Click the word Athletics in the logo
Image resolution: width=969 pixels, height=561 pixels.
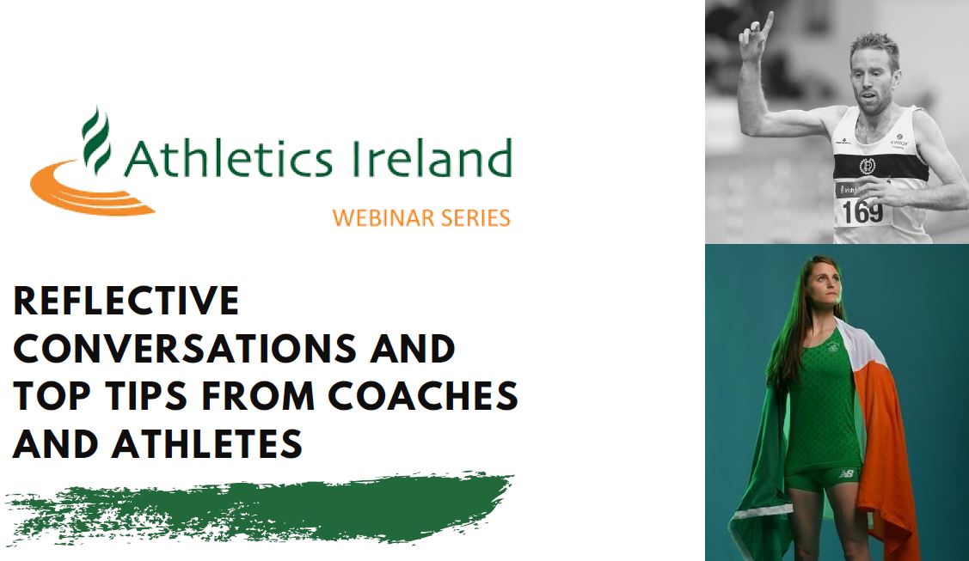[x=229, y=158]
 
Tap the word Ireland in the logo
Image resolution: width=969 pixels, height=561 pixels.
[x=432, y=158]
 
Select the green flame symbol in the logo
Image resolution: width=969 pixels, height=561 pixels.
[x=96, y=142]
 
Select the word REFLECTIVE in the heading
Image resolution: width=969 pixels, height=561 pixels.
[x=126, y=302]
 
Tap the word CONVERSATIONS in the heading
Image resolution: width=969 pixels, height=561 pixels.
[x=185, y=349]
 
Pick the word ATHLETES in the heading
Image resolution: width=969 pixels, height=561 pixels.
[x=207, y=443]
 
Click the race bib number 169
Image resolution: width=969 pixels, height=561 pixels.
[x=862, y=211]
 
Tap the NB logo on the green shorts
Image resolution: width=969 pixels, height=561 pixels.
[x=847, y=474]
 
